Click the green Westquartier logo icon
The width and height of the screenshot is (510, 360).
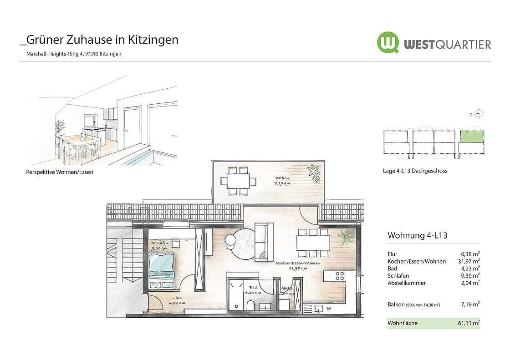click(x=388, y=42)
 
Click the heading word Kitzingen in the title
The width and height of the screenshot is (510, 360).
click(x=153, y=40)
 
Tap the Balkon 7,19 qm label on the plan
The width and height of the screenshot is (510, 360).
click(x=282, y=181)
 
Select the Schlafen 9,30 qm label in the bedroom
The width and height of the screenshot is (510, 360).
click(x=160, y=245)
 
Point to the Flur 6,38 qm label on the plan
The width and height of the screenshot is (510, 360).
click(x=177, y=300)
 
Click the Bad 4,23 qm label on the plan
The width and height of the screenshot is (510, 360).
click(x=253, y=290)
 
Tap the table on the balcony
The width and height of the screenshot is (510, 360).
click(x=238, y=181)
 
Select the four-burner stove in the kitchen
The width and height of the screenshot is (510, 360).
click(x=340, y=276)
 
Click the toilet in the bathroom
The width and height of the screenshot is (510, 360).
click(x=251, y=305)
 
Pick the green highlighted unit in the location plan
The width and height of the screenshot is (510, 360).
click(x=472, y=136)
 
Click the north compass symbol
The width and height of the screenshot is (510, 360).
click(x=479, y=113)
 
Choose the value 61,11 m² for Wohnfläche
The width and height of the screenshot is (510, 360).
click(x=469, y=323)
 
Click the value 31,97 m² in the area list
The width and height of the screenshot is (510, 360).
click(x=469, y=261)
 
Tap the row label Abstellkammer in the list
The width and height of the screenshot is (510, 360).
click(x=407, y=283)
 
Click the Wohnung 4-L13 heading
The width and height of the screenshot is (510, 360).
click(x=417, y=235)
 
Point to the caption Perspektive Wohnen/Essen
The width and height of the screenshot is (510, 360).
click(x=60, y=172)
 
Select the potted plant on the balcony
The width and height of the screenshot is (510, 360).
click(x=314, y=173)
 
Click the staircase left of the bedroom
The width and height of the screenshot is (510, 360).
click(x=125, y=269)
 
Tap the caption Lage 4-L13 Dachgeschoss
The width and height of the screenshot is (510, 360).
click(x=415, y=171)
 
